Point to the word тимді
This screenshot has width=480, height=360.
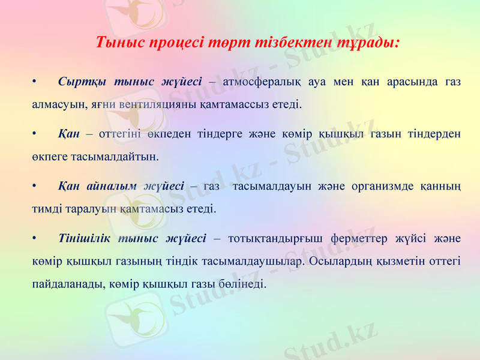pyautogui.click(x=46, y=209)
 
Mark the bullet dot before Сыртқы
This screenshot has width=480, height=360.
pyautogui.click(x=35, y=82)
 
